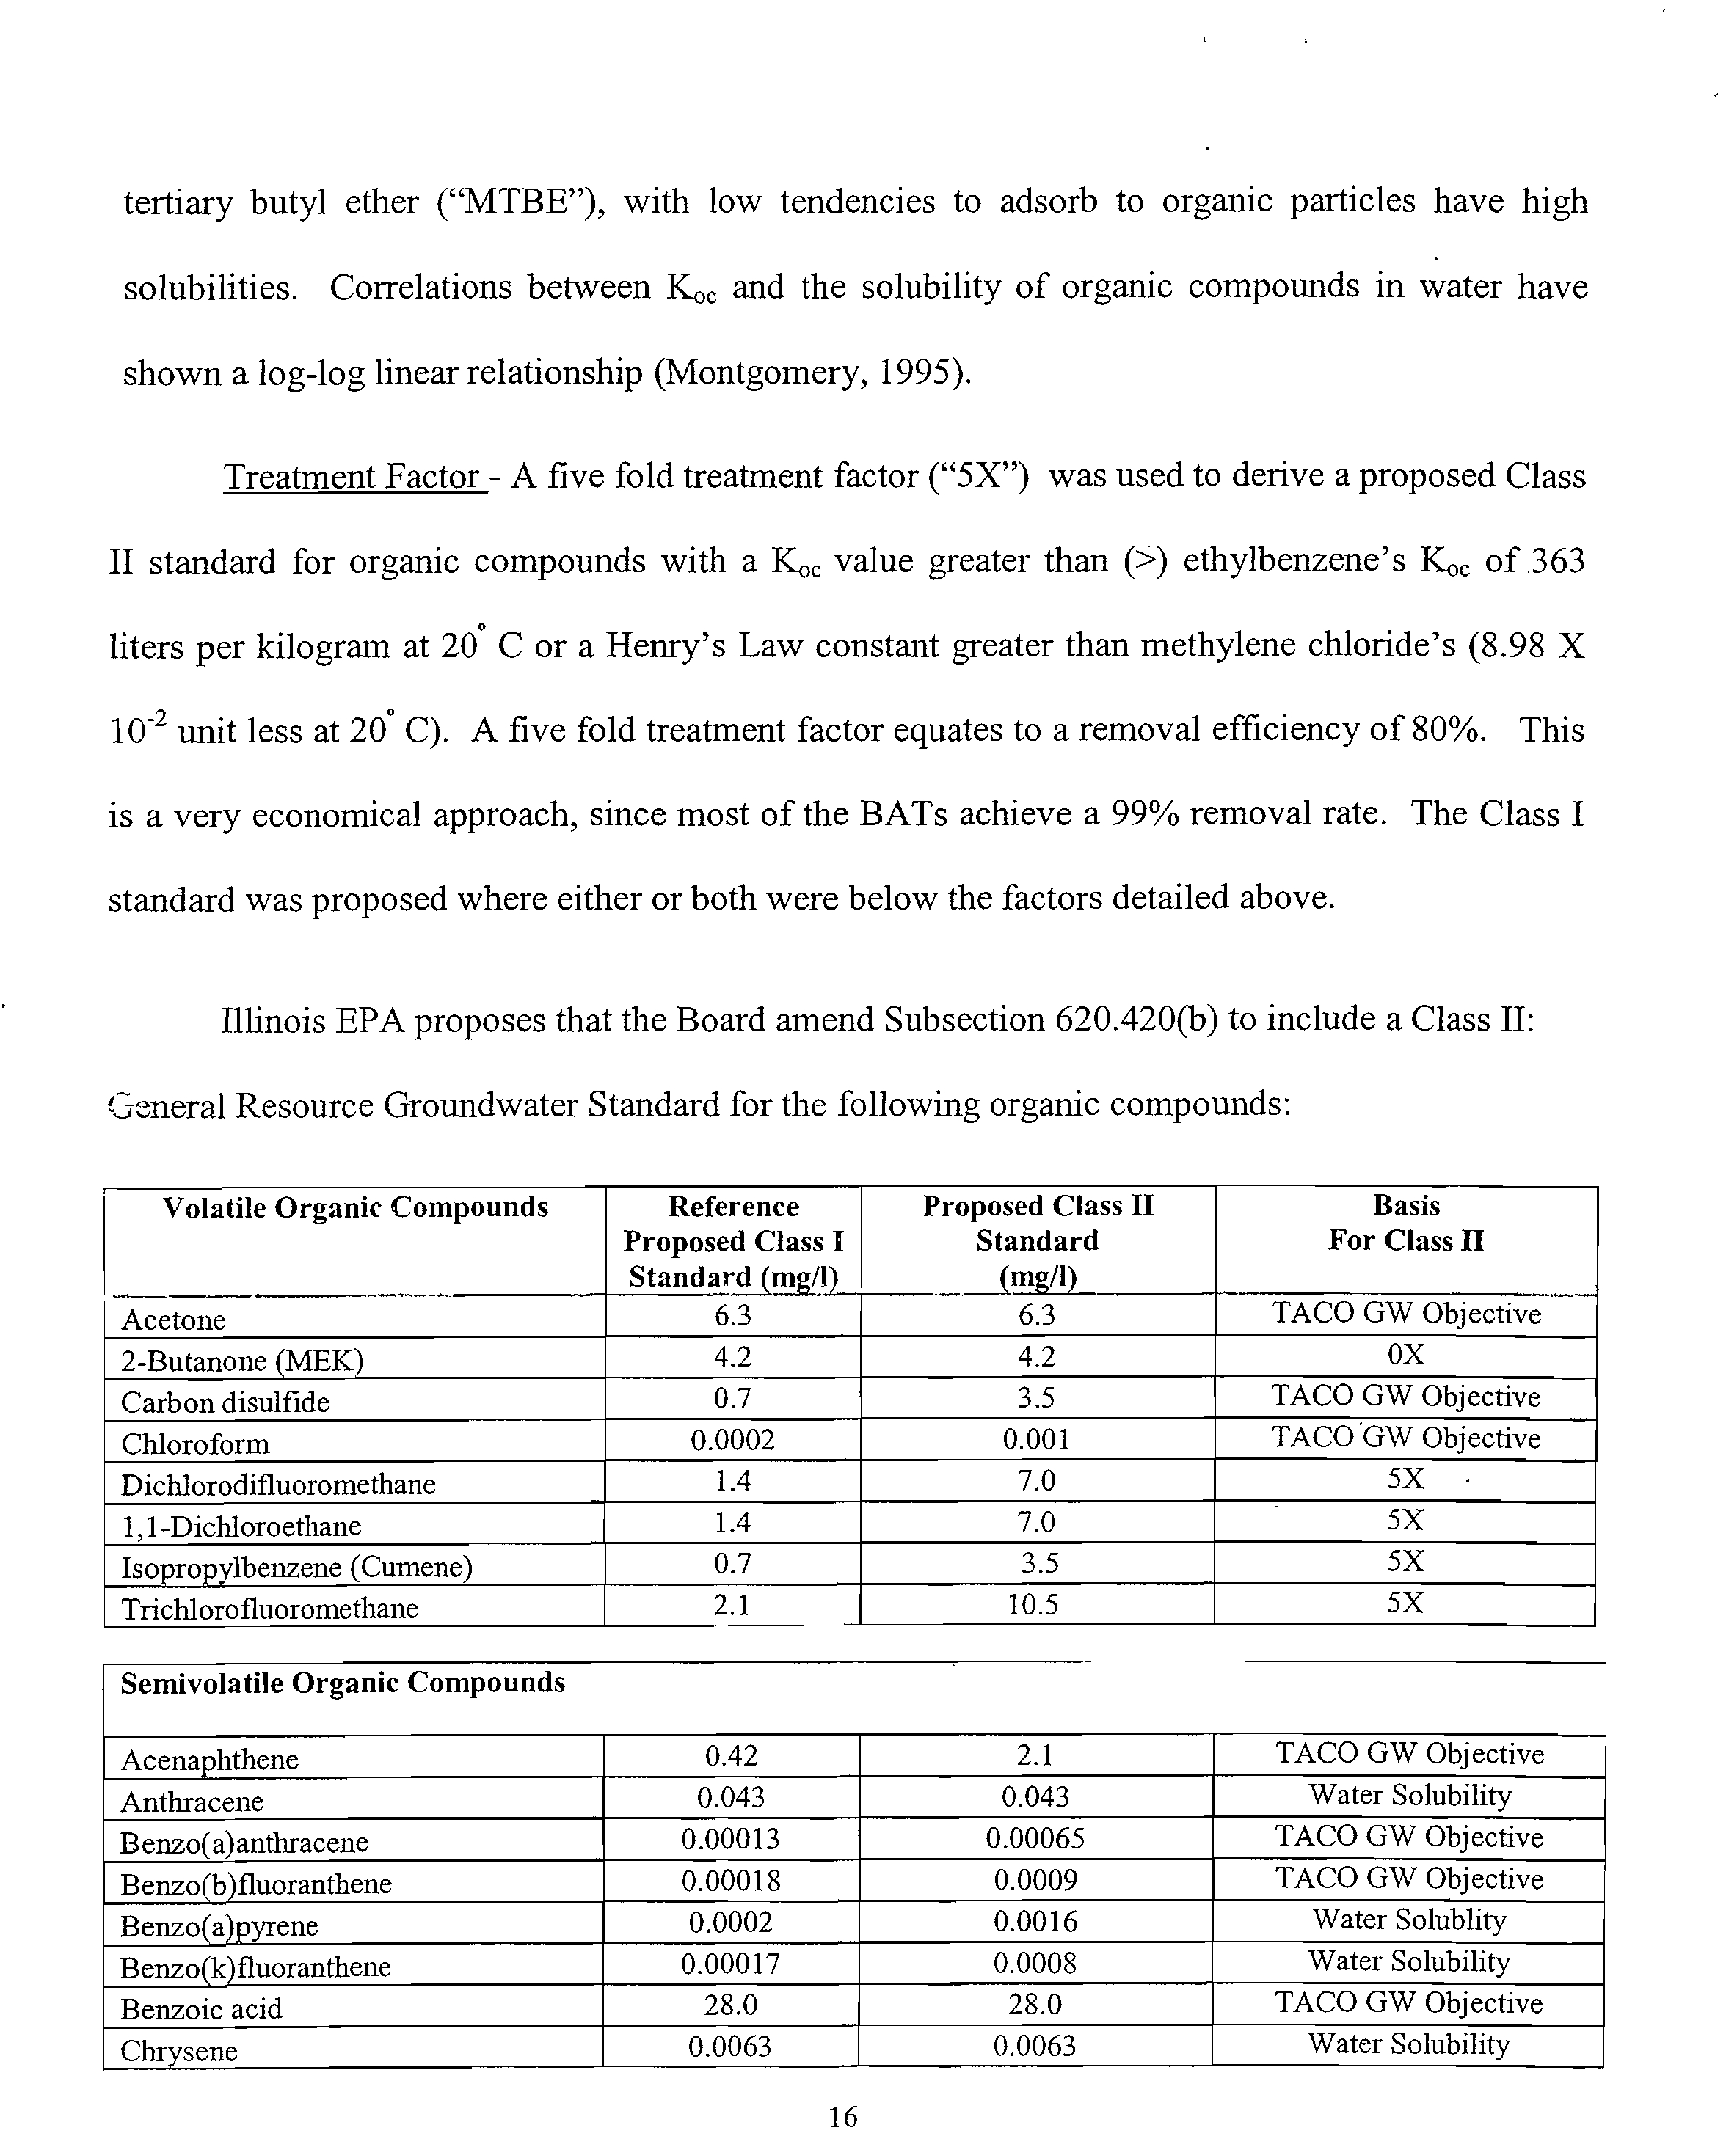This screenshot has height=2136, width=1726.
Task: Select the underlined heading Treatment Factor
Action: (352, 477)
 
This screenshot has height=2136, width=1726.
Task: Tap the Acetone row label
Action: (174, 1320)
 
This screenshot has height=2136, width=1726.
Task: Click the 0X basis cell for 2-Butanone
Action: (1406, 1355)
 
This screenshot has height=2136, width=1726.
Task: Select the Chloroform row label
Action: (195, 1444)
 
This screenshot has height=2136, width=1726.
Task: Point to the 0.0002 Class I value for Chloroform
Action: (733, 1439)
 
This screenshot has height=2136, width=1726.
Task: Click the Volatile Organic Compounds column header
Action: (355, 1207)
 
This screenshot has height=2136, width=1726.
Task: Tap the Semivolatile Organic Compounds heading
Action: (343, 1683)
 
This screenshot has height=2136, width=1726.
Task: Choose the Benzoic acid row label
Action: (201, 2010)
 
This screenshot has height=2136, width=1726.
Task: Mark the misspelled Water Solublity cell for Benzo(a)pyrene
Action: (1409, 1920)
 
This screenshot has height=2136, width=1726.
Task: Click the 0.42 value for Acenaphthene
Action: (732, 1756)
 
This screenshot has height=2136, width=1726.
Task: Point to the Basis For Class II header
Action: (1406, 1224)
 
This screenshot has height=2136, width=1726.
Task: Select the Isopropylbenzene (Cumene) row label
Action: (296, 1568)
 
